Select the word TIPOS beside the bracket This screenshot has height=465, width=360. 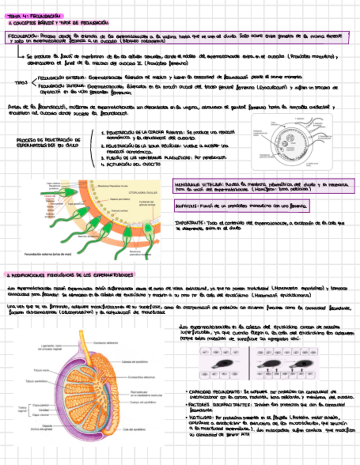point(21,82)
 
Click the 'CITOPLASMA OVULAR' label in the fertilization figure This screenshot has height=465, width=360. point(143,193)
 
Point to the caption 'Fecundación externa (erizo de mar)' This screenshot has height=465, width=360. point(48,254)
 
